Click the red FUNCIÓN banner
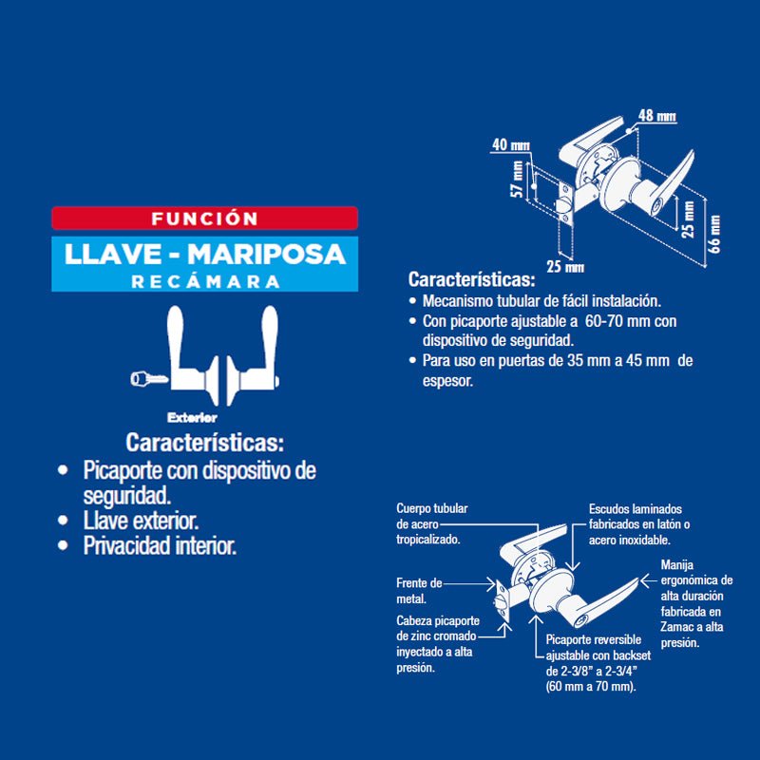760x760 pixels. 204,218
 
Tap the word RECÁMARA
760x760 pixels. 206,281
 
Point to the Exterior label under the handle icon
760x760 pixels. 193,417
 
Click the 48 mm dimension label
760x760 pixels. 656,116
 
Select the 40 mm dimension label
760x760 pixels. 511,145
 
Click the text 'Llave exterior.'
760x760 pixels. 141,521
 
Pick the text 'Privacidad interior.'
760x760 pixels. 160,546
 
